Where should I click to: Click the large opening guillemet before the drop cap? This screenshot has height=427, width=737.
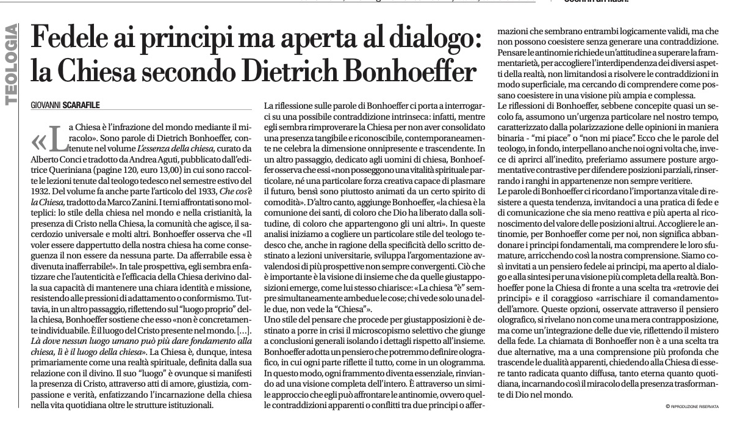point(38,142)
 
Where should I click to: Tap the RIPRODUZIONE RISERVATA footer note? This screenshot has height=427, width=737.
point(694,406)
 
